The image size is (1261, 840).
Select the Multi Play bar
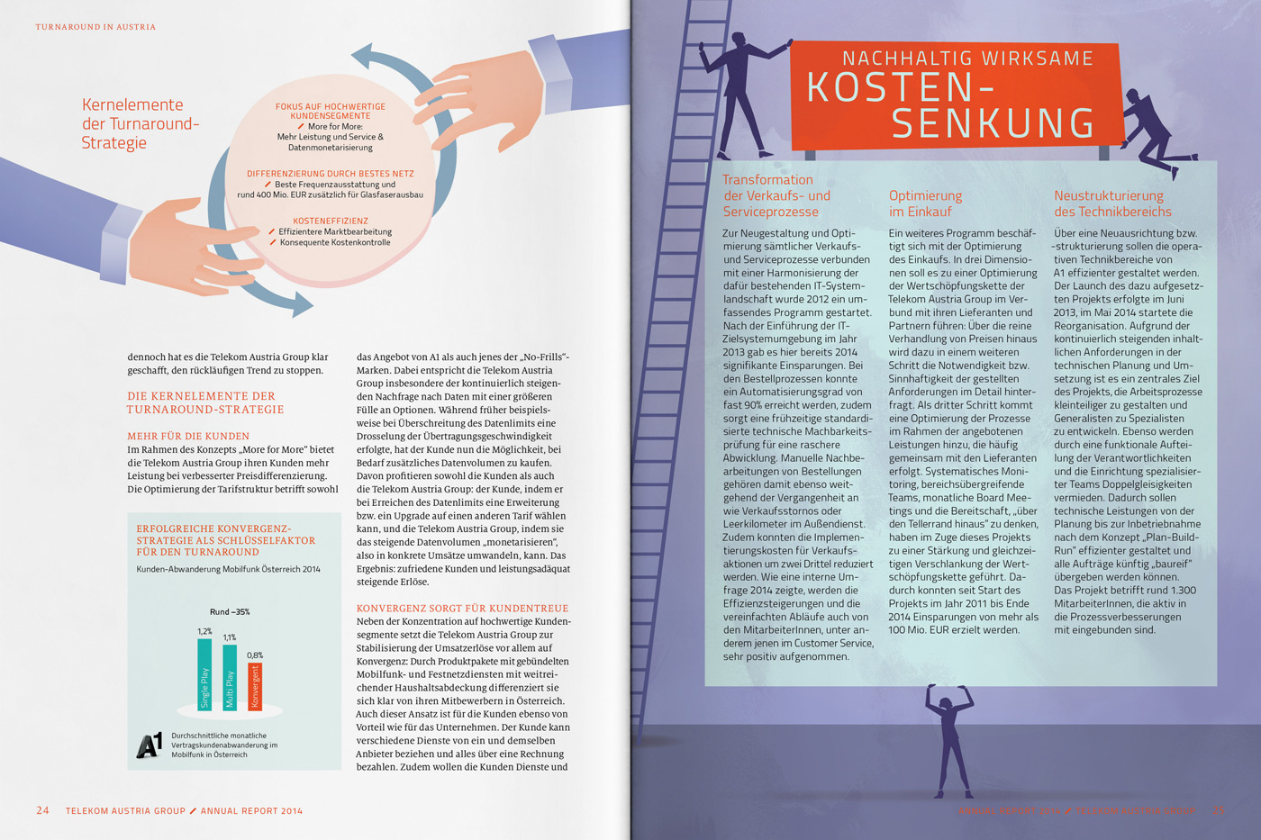click(230, 677)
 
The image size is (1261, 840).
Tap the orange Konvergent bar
click(255, 686)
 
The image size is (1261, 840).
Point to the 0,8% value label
click(255, 655)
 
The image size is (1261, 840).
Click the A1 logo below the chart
click(150, 745)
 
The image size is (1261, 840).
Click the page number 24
click(42, 810)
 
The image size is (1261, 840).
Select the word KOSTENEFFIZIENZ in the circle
click(330, 221)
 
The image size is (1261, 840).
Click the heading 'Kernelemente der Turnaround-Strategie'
click(140, 123)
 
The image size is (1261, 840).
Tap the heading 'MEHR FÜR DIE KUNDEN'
click(188, 436)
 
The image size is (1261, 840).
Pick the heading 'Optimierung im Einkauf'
click(925, 203)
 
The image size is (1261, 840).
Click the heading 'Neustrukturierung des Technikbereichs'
click(1112, 203)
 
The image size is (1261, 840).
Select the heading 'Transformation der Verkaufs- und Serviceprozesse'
click(776, 195)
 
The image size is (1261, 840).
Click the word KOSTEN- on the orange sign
click(901, 87)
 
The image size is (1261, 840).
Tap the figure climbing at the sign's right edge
click(1148, 131)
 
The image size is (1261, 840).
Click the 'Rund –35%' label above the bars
click(230, 612)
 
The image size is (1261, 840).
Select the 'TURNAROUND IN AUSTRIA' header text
click(95, 27)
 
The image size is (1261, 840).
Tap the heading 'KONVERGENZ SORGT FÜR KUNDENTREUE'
click(462, 609)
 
